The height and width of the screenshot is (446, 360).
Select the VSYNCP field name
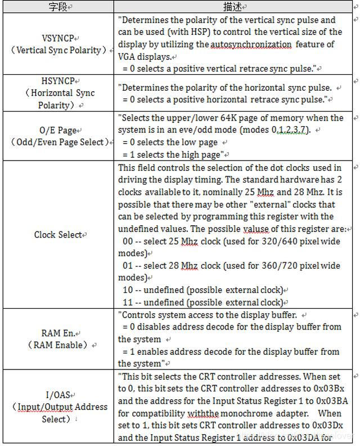(x=59, y=38)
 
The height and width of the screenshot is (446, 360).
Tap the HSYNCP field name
(x=59, y=81)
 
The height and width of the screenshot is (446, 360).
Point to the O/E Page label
(x=59, y=130)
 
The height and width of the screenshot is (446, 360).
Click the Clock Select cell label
(x=59, y=234)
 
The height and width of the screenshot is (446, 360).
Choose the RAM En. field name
(x=59, y=333)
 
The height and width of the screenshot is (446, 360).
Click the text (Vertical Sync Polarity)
(x=59, y=50)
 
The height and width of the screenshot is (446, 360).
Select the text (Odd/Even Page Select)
(x=59, y=142)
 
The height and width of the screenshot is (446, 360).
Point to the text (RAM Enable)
(x=59, y=345)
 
